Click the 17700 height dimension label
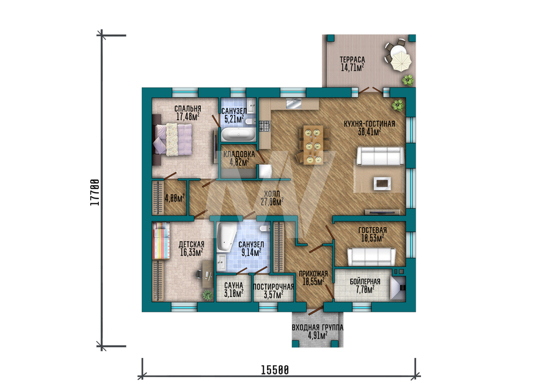95,192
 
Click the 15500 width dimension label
275,370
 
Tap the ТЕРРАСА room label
352,60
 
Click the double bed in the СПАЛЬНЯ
172,140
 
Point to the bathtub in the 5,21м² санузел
238,135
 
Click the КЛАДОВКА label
239,155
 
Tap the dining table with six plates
313,145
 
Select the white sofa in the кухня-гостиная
380,156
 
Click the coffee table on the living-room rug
382,184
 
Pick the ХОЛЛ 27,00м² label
272,198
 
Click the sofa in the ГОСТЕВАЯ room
372,256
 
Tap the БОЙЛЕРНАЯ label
365,282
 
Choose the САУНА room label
234,285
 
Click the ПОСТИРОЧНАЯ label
273,287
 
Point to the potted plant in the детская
207,295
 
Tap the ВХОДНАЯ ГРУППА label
317,327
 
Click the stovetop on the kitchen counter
265,126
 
